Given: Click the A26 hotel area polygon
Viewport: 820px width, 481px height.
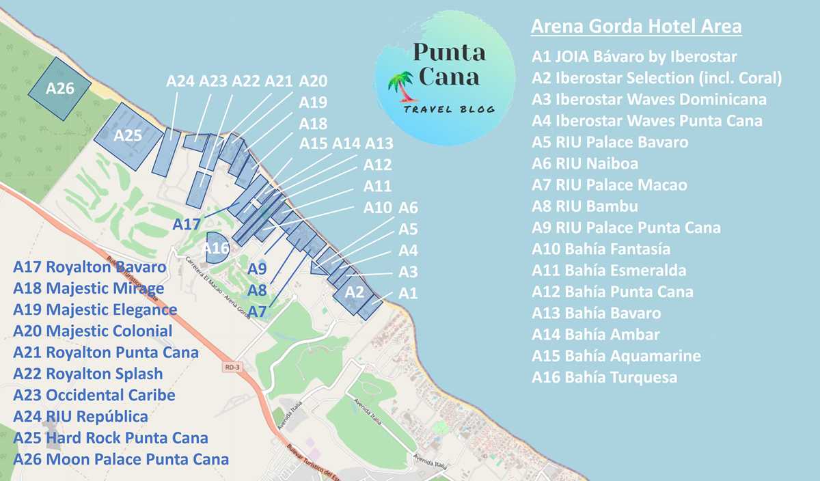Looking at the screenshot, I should [59, 89].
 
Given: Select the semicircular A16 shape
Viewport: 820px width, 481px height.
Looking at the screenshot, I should [216, 247].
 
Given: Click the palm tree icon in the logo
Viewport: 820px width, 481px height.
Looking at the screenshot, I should [400, 87].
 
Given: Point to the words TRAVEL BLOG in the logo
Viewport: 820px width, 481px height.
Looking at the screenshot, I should [449, 111].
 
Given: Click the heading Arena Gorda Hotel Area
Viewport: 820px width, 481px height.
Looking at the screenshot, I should [636, 27].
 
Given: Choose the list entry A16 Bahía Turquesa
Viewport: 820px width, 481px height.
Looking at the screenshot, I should [604, 377].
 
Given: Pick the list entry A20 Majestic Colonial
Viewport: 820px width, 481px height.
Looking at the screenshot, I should [92, 331].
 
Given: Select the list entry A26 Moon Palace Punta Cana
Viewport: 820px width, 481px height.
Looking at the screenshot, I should [121, 458].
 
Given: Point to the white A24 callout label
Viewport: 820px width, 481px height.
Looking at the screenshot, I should [180, 81].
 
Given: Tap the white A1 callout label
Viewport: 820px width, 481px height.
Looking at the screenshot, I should [408, 293].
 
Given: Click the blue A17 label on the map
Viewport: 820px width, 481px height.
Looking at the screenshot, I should [187, 223].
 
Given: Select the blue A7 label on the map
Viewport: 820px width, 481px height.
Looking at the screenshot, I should [257, 312].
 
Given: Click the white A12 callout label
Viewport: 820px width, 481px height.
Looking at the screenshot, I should [377, 165].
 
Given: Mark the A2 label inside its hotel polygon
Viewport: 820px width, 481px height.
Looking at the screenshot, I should [355, 292].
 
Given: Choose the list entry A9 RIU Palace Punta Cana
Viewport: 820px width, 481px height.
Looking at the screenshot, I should [626, 228].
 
